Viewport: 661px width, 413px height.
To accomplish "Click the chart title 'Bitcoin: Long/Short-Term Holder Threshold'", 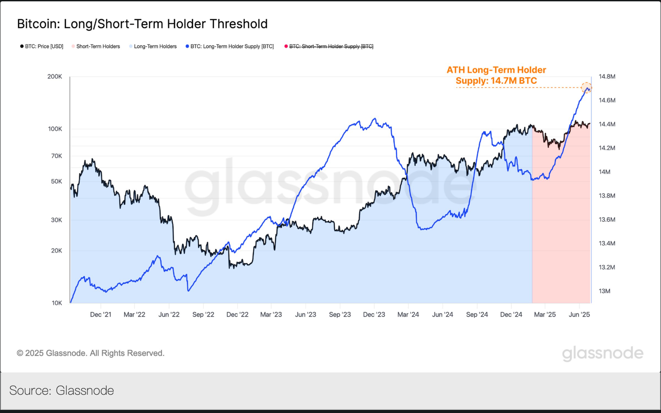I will coord(142,24).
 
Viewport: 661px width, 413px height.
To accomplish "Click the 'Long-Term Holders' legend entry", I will coord(155,46).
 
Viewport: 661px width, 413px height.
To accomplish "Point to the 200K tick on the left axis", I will coord(55,77).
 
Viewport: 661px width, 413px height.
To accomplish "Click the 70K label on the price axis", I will coord(57,156).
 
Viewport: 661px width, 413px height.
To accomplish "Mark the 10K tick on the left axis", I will coord(57,303).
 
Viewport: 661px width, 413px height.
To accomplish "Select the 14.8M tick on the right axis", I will coord(607,77).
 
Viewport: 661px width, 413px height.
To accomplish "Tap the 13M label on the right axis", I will coord(604,291).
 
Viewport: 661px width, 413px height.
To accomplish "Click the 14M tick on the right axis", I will coord(604,172).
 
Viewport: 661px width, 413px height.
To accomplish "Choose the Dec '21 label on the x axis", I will coord(101,315).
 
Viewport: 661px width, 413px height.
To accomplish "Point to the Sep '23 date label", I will coord(340,315).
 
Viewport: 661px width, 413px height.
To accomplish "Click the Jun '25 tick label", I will coord(579,315).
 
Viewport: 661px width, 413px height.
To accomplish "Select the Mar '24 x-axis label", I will coord(408,315).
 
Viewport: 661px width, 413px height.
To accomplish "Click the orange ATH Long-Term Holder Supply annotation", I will coord(496,75).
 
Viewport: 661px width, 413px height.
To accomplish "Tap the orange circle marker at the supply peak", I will coord(587,88).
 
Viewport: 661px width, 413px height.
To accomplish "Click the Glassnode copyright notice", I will coord(91,353).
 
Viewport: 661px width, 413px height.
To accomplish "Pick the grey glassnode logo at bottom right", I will coord(603,353).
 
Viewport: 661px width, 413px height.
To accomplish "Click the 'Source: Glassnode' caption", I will coord(62,391).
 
